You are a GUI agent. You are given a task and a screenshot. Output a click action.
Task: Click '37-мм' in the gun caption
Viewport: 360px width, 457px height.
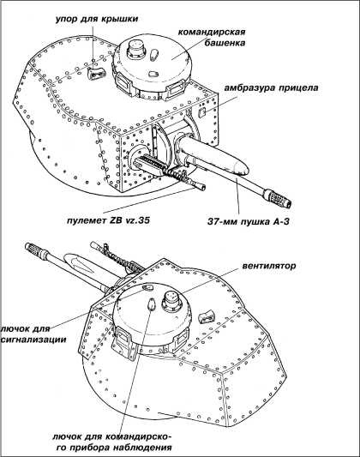(x=224, y=221)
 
